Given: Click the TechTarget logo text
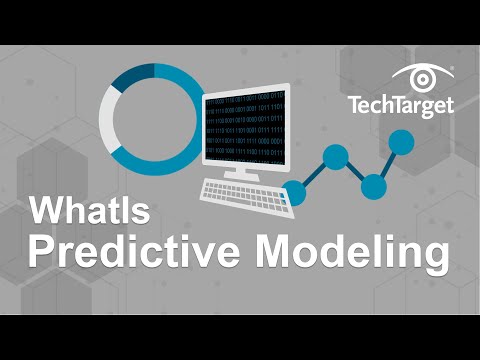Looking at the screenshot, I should click(400, 104).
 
